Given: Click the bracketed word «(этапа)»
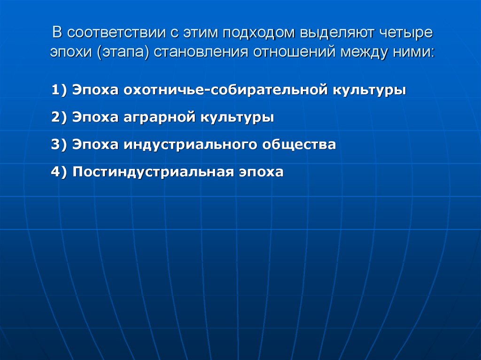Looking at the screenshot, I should [x=124, y=52].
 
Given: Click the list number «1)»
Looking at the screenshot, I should [x=60, y=90].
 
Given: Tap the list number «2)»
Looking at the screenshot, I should [x=60, y=117].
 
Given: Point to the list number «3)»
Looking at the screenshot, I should [x=60, y=145].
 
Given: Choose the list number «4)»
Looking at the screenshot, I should [x=60, y=172].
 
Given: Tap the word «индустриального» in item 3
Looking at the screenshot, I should [x=183, y=145].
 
